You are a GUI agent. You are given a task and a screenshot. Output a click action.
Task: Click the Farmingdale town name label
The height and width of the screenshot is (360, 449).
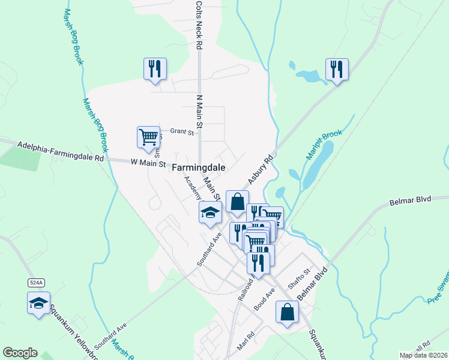tap(199, 168)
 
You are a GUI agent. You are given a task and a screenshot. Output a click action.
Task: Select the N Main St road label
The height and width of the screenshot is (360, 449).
tap(200, 114)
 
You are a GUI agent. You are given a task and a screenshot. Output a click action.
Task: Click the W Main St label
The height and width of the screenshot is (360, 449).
tap(149, 161)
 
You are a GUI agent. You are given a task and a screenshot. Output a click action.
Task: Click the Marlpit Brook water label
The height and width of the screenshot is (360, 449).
tap(324, 146)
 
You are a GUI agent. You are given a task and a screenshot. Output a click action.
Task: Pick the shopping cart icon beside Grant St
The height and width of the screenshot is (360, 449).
tap(148, 136)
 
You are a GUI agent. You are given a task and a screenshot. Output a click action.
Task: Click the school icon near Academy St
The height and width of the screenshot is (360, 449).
tap(210, 212)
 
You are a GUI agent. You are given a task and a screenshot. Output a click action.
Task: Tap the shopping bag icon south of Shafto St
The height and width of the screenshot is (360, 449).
tap(287, 311)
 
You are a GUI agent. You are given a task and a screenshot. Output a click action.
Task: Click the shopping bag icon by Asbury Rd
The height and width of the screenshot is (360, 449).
tap(237, 202)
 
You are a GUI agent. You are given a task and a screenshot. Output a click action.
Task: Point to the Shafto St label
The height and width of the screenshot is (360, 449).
tap(298, 279)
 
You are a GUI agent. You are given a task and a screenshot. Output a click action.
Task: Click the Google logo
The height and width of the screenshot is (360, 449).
tap(20, 353)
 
